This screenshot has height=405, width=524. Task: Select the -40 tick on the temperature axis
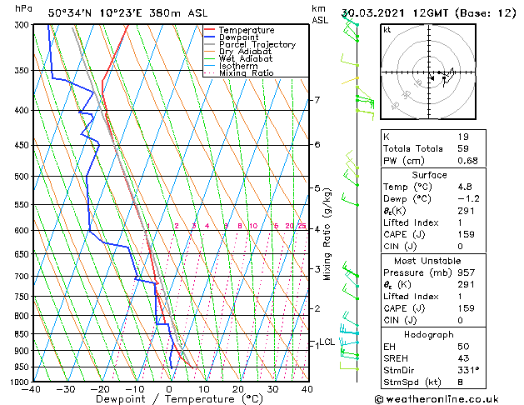tap(32, 389)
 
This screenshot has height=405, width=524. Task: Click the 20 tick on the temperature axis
tap(238, 389)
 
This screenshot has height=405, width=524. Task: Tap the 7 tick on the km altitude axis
tap(317, 101)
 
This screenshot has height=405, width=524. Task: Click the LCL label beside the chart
tap(327, 342)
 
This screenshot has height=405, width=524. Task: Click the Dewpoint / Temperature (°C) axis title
tap(168, 400)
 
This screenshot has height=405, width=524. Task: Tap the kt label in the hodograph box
tap(387, 30)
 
